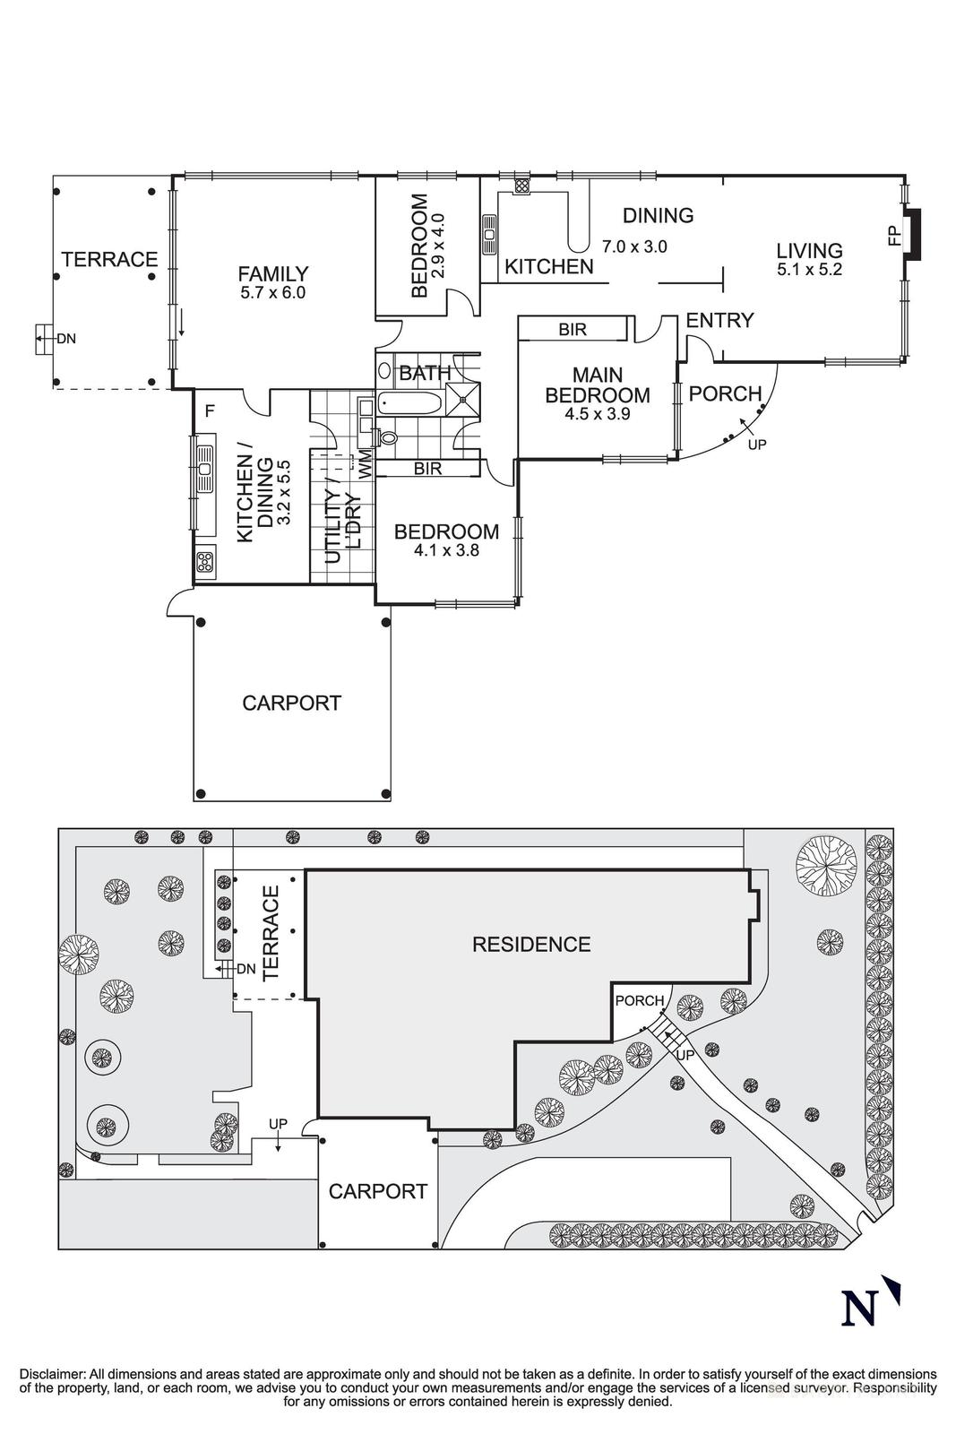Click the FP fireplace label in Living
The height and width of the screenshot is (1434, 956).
pos(893,236)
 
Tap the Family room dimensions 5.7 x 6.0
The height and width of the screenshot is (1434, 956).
pos(273,293)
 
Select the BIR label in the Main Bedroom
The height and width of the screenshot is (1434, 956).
pos(573,330)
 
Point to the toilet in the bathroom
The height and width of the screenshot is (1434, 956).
pos(386,437)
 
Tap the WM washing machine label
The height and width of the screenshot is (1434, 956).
pos(366,463)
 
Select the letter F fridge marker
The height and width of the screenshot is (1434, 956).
pos(209,411)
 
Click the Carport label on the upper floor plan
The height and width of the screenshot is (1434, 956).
pos(291,704)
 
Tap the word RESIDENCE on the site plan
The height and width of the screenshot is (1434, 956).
pos(531,945)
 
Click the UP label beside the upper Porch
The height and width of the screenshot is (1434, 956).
pos(757,444)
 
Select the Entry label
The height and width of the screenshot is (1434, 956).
pos(719,320)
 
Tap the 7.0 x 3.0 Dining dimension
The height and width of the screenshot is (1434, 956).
pos(634,246)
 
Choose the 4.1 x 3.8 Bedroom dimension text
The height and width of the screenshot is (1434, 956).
pos(446,551)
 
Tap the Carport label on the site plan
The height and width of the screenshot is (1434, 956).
pos(377,1192)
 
